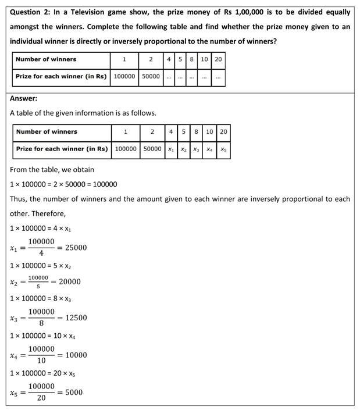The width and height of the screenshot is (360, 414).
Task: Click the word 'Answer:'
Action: click(23, 98)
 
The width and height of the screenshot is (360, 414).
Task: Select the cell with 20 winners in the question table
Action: click(218, 59)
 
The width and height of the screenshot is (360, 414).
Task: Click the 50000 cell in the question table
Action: click(151, 76)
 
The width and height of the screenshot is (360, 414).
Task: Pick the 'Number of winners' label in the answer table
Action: click(47, 132)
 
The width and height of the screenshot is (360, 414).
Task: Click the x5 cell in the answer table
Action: click(223, 149)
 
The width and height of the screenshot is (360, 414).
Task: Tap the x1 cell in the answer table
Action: click(171, 149)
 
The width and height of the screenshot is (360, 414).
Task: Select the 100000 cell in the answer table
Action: click(126, 149)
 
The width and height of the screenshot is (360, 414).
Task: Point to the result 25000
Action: click(76, 248)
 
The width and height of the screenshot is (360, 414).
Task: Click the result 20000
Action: click(70, 282)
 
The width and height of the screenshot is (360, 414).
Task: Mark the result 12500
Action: click(76, 318)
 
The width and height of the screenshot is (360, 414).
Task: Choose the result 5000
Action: click(74, 392)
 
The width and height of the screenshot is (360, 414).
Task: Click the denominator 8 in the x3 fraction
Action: click(41, 324)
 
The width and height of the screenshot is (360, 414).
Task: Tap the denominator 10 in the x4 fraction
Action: click(41, 361)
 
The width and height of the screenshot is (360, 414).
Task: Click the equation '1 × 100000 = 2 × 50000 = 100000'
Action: click(63, 184)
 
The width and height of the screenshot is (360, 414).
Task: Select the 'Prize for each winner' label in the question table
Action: click(61, 76)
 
